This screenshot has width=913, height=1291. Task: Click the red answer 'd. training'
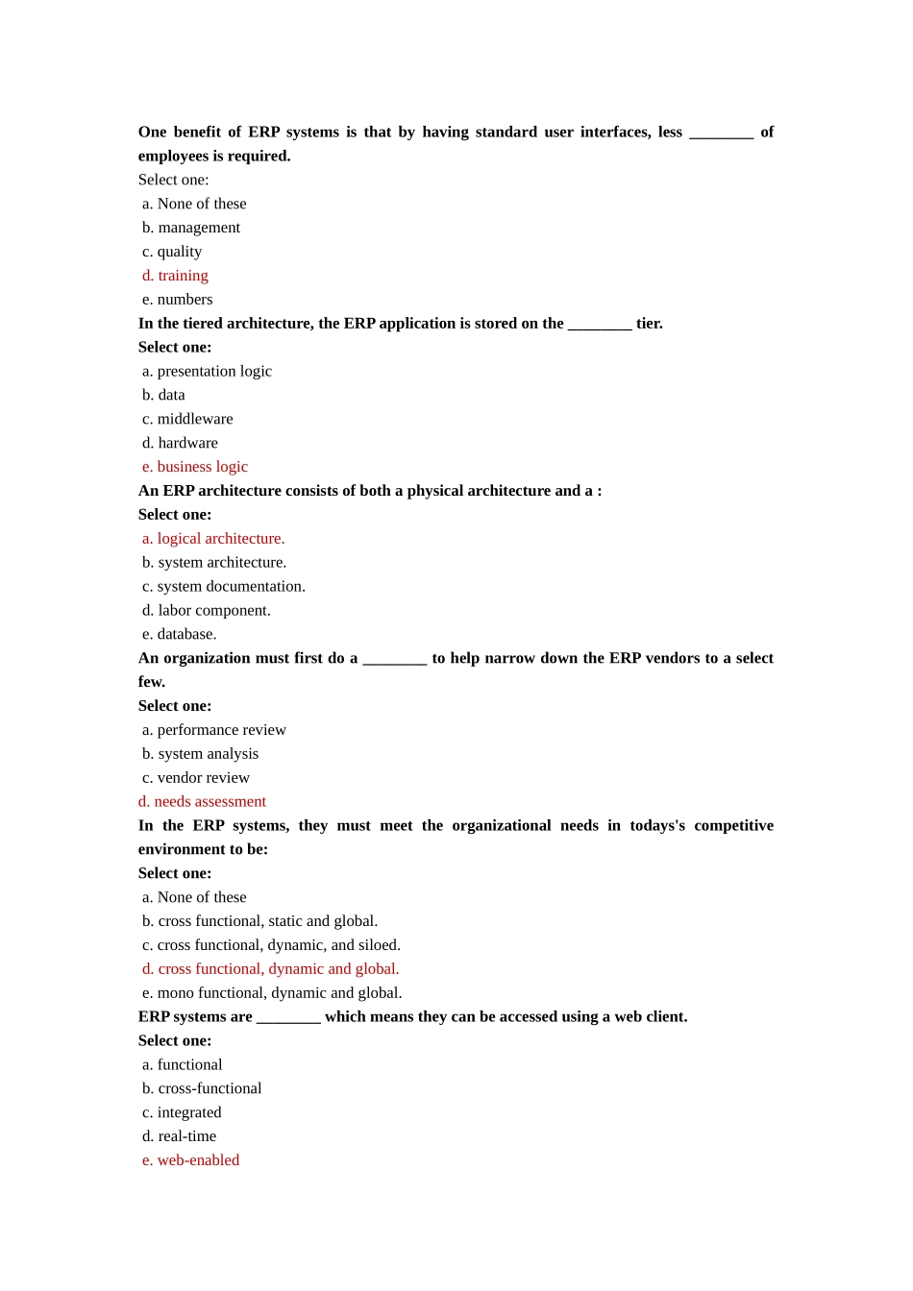click(175, 276)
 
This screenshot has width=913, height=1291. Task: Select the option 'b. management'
click(191, 228)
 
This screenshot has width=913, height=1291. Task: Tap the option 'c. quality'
click(172, 252)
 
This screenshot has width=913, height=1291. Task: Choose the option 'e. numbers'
click(178, 300)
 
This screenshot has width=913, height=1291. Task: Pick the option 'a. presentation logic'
click(207, 371)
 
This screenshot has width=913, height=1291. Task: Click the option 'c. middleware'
click(187, 419)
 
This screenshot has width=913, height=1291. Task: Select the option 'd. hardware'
click(180, 443)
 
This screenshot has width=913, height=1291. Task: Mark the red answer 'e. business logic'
click(195, 467)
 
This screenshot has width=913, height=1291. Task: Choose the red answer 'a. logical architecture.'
click(213, 539)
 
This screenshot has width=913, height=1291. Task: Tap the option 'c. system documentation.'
click(224, 586)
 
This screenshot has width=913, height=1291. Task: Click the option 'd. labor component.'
click(207, 610)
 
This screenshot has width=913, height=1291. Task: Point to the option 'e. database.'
click(180, 634)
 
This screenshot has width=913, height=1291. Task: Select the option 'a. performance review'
click(214, 730)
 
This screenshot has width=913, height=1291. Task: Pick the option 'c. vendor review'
click(196, 778)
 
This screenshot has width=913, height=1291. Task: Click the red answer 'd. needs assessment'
click(202, 801)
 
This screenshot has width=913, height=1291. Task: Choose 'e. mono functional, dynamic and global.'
click(272, 993)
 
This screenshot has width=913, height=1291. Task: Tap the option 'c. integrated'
click(182, 1112)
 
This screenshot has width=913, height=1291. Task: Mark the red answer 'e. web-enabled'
click(191, 1160)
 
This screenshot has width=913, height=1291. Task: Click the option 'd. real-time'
click(180, 1136)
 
